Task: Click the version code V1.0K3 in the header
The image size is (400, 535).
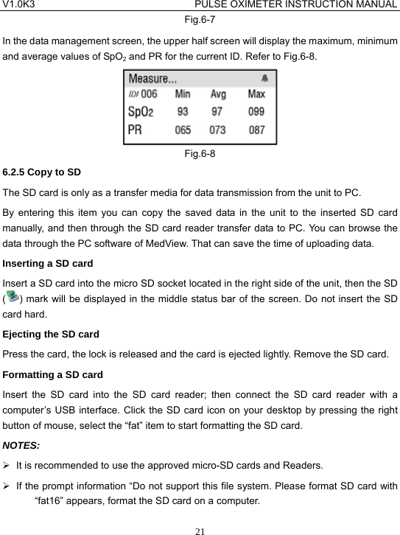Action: coord(19,6)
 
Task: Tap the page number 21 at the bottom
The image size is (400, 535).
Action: coord(200,528)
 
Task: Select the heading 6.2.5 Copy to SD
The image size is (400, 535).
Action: coord(42,172)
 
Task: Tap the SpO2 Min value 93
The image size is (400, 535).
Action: coord(183,112)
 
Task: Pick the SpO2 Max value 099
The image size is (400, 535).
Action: coord(256,112)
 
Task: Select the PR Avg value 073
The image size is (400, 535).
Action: coord(219,130)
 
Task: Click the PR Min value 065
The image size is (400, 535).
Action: coord(183,130)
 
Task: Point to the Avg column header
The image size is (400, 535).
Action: coord(219,94)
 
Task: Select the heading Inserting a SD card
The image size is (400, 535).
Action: coord(49,262)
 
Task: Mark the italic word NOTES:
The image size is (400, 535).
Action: coord(21,444)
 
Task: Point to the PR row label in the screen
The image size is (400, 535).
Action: coord(136,130)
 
